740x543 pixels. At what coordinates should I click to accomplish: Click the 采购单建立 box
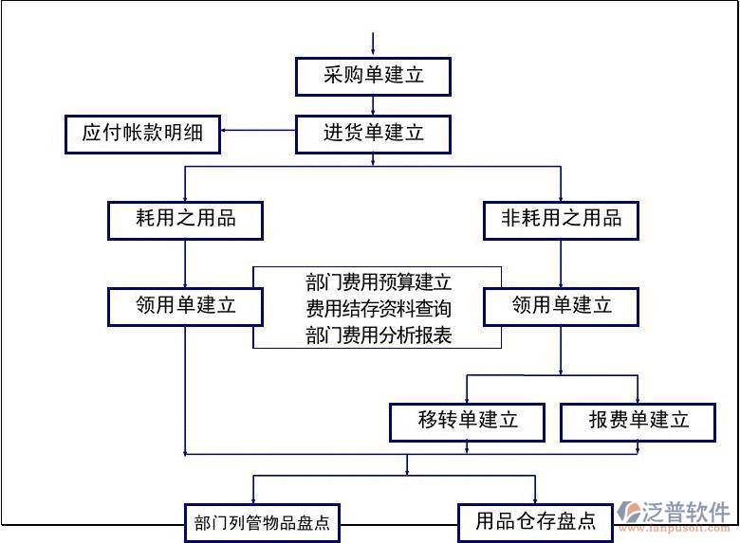click(x=373, y=76)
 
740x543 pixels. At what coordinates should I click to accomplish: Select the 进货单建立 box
click(x=373, y=134)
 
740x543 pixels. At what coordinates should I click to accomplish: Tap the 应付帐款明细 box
click(x=142, y=134)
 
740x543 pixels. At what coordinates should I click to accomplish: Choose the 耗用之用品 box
click(x=185, y=220)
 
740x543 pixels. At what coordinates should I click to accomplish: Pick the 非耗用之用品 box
click(x=561, y=220)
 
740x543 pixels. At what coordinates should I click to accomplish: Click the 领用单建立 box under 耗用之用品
click(x=185, y=306)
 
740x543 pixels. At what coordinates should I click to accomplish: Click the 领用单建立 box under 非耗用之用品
click(x=561, y=306)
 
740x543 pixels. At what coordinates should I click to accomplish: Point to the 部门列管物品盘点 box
click(x=262, y=522)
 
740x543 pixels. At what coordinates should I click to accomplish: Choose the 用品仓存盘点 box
click(x=535, y=521)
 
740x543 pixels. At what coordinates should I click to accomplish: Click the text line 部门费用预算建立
click(x=379, y=281)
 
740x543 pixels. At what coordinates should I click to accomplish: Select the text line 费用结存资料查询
click(x=379, y=308)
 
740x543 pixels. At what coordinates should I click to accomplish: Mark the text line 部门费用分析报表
click(x=379, y=335)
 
